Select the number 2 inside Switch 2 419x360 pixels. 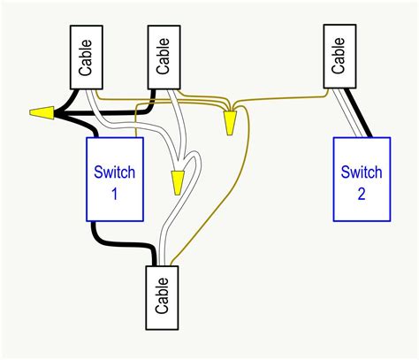[361, 194]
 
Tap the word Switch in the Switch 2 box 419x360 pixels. [361, 172]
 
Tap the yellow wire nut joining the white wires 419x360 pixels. [178, 181]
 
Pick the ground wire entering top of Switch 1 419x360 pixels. [136, 124]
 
